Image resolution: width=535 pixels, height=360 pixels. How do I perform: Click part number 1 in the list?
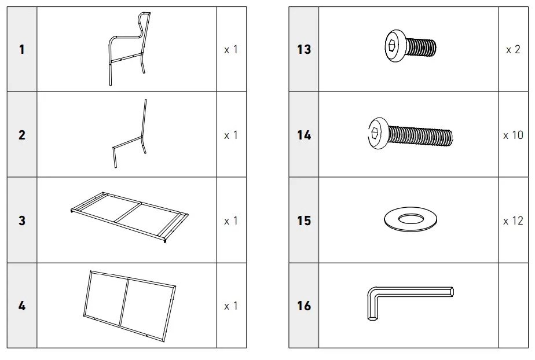point(22,50)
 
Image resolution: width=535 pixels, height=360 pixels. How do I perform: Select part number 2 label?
point(22,135)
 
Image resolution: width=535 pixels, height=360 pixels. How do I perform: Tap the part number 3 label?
point(22,221)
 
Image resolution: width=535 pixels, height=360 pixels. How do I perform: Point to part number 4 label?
point(22,306)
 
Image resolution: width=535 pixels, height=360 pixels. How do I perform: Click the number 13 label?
point(304,50)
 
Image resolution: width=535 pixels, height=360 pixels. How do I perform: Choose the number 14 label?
point(304,135)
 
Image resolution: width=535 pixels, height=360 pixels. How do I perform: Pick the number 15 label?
point(304,221)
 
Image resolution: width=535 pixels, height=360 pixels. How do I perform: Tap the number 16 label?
point(304,306)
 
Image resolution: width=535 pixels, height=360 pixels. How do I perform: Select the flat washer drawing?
point(410,219)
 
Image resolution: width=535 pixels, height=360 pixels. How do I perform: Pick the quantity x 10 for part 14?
point(513,135)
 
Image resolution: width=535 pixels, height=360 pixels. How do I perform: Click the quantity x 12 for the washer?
point(513,221)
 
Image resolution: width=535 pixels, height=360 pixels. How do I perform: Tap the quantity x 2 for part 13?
point(513,50)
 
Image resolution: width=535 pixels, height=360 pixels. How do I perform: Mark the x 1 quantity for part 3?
point(230,221)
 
